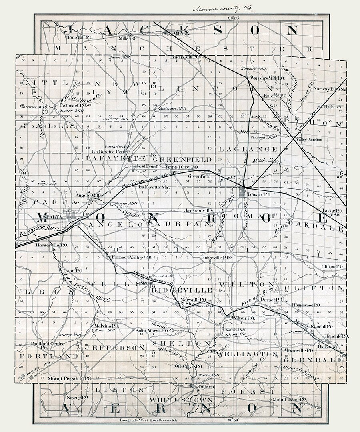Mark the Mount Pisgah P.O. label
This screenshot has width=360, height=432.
tap(70, 378)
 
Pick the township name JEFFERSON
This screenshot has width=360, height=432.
tap(114, 348)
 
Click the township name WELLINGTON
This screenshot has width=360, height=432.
tap(249, 354)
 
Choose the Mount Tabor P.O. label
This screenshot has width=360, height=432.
tap(289, 400)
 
